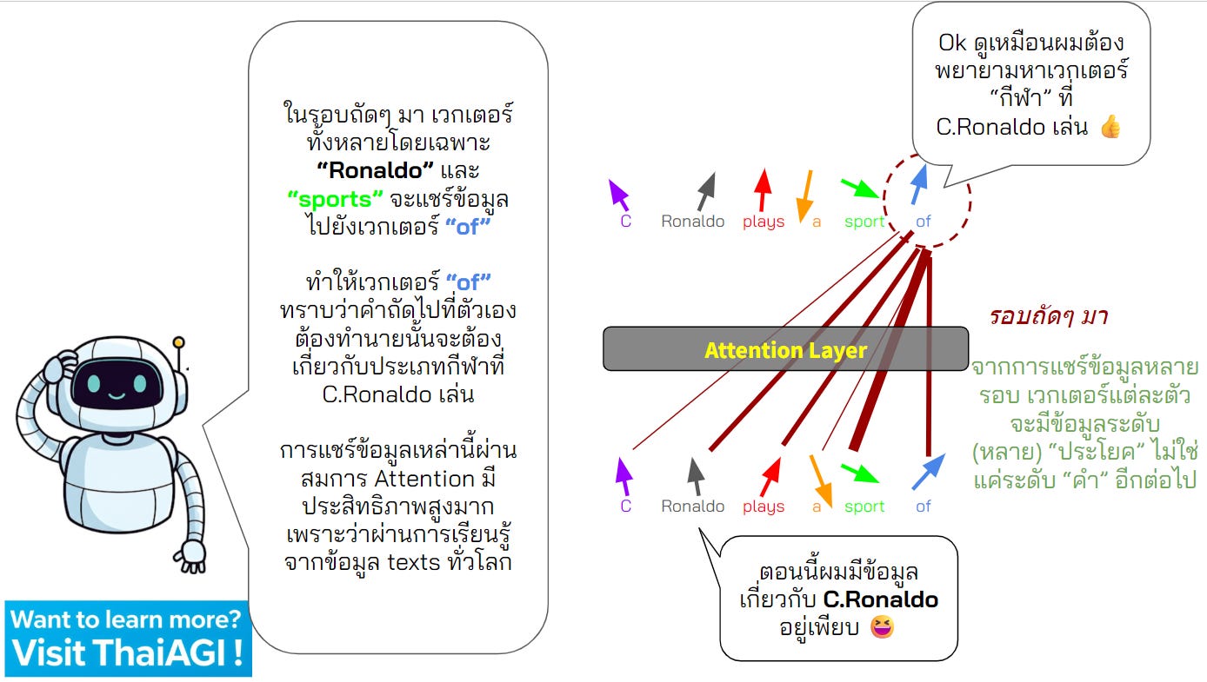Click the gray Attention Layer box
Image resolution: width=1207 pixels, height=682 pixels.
click(785, 349)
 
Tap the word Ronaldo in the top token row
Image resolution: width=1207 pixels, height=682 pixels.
click(692, 222)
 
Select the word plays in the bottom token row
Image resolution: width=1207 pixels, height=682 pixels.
click(764, 507)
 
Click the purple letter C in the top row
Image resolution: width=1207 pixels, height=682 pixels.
click(625, 222)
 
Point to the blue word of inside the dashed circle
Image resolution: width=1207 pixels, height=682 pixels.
click(924, 222)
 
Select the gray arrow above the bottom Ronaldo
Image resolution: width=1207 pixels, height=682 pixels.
click(695, 476)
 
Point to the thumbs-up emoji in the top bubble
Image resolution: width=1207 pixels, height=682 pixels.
click(1110, 128)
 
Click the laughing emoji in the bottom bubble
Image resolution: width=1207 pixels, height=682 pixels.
click(882, 626)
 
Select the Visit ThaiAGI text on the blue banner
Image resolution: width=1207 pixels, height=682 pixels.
click(127, 652)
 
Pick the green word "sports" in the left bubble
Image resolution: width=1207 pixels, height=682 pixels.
click(336, 198)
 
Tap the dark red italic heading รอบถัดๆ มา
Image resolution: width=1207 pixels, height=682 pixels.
click(1048, 316)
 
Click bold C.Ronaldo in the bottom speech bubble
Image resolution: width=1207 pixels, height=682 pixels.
click(880, 600)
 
